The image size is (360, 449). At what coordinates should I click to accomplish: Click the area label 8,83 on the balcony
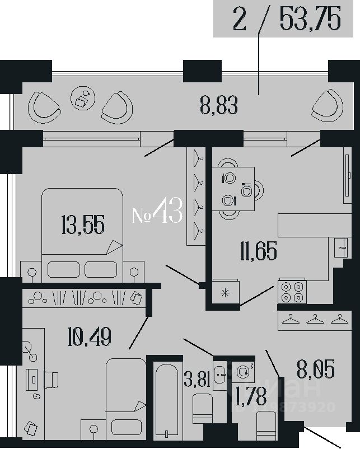[x=219, y=105]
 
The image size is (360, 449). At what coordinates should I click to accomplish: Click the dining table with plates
[x=233, y=189]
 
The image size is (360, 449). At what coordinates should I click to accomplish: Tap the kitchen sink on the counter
[x=339, y=246]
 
